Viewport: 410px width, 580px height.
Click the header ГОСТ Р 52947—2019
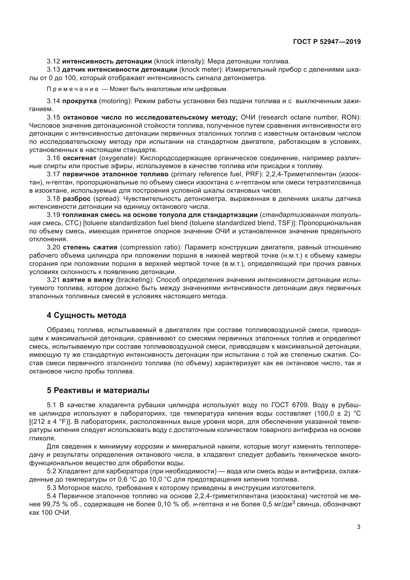[x=327, y=42]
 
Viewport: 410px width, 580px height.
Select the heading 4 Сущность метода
[x=86, y=315]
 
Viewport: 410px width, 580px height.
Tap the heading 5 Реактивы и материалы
[x=98, y=391]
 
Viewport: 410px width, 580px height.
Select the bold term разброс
[x=77, y=199]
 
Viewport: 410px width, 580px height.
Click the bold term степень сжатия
[x=90, y=247]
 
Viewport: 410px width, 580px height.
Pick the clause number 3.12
[x=53, y=61]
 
